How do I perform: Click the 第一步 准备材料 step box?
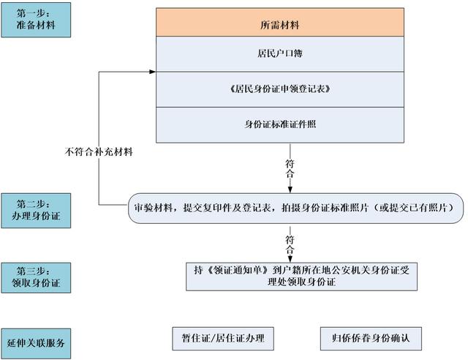pos(37,20)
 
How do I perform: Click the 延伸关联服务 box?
pos(37,341)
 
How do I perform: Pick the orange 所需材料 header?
pos(280,24)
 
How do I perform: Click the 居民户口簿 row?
pos(280,54)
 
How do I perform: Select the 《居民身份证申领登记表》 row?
pos(280,89)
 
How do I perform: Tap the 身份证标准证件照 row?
pos(280,124)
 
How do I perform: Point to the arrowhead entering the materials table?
pos(152,72)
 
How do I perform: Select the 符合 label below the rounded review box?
pos(290,239)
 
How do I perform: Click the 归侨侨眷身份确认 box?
pos(371,338)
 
